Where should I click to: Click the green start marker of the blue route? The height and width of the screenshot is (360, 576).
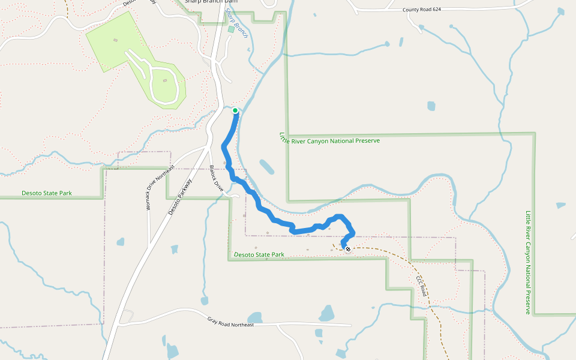click(235, 110)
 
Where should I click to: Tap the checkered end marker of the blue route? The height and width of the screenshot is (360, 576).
click(347, 248)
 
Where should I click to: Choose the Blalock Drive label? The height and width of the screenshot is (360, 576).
click(216, 178)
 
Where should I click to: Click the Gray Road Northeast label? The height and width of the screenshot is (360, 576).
click(230, 324)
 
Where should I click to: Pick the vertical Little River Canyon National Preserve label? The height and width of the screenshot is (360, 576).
click(528, 262)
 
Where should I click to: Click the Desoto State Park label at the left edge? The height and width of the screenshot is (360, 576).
click(47, 193)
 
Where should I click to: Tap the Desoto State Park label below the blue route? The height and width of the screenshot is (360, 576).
click(259, 254)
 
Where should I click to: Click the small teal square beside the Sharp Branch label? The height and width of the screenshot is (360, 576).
click(231, 29)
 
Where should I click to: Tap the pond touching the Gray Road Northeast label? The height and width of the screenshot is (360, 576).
click(255, 317)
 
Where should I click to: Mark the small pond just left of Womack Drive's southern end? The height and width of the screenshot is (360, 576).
click(121, 242)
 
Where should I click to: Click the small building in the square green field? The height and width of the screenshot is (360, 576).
click(116, 40)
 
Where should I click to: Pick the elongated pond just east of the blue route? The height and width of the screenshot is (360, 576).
click(266, 167)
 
